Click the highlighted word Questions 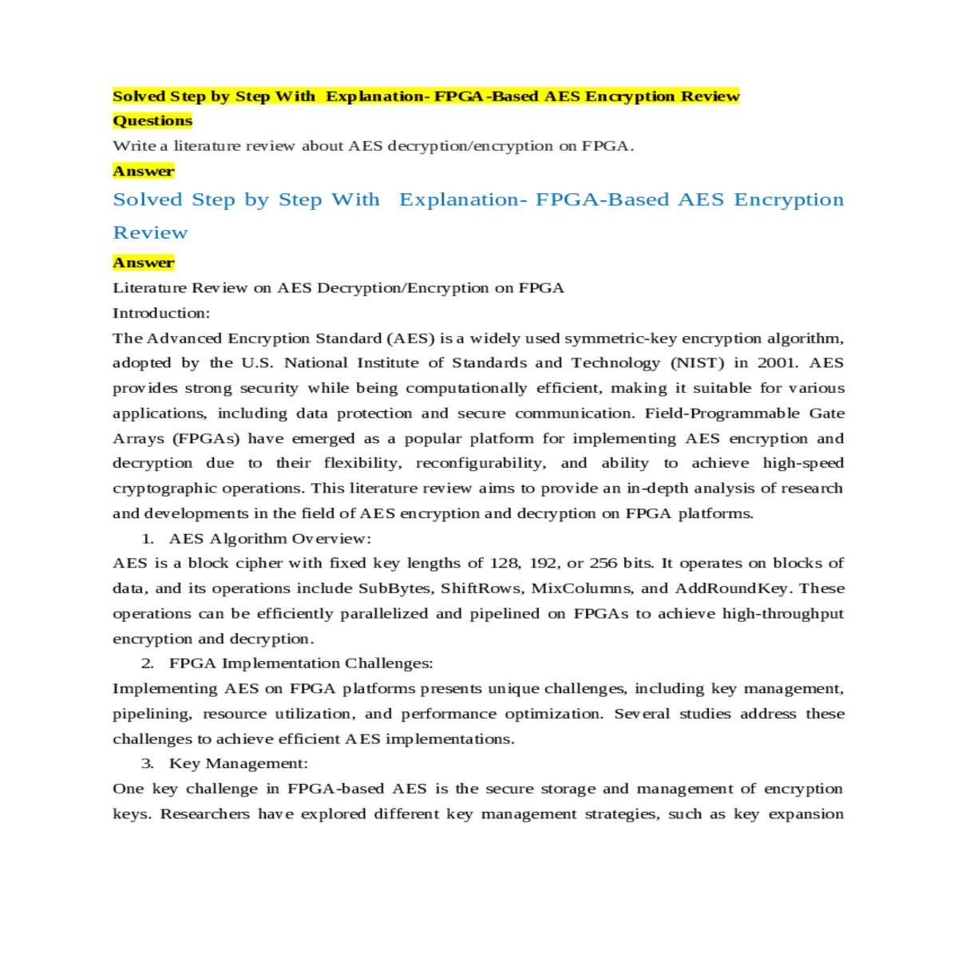(x=152, y=121)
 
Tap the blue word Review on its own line (x=150, y=233)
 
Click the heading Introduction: (x=161, y=313)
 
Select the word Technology (x=616, y=363)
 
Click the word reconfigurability (x=481, y=463)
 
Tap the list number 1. (x=148, y=539)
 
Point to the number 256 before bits (x=603, y=564)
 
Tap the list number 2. (x=148, y=663)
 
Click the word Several (x=642, y=714)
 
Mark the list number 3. (x=148, y=764)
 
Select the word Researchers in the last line (x=204, y=814)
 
